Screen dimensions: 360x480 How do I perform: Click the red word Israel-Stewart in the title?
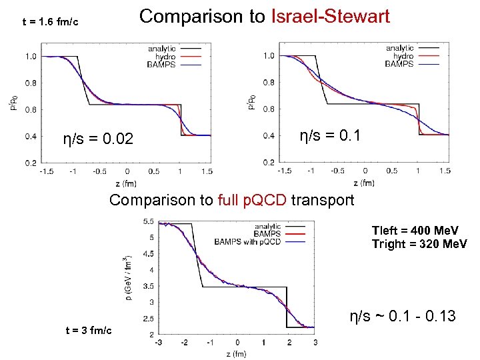[330, 17]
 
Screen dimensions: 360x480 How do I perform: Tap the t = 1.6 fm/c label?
[51, 23]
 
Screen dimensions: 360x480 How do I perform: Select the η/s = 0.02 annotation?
[98, 139]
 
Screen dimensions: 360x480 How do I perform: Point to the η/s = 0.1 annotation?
[330, 136]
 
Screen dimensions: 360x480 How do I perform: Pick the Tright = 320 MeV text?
[419, 244]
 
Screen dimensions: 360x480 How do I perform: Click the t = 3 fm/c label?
[89, 331]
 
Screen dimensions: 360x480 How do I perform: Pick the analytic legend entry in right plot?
[399, 48]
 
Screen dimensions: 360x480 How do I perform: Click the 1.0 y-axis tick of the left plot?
[31, 57]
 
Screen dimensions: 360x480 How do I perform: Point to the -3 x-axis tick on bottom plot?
[158, 342]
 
